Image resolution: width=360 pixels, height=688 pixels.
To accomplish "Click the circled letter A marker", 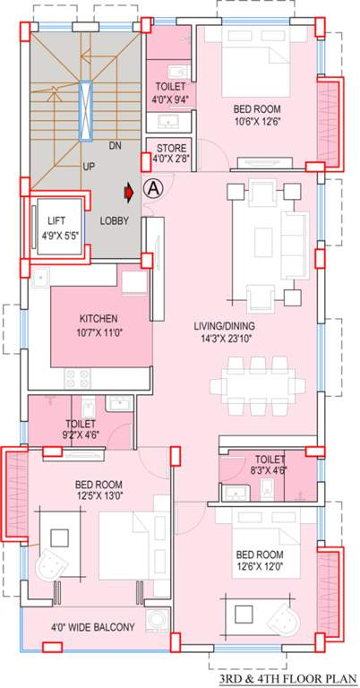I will click(x=152, y=190).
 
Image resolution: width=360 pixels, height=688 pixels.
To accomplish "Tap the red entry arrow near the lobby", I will click(x=131, y=190).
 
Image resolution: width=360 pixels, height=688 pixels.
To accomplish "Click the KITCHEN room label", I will click(x=99, y=319).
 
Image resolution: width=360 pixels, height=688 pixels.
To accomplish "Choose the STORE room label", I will click(x=171, y=148).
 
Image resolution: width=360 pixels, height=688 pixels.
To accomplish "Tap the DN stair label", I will click(x=115, y=145).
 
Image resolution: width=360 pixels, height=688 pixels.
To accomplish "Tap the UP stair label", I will click(x=89, y=167).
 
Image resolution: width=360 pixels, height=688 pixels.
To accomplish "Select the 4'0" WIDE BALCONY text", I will click(x=91, y=628).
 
